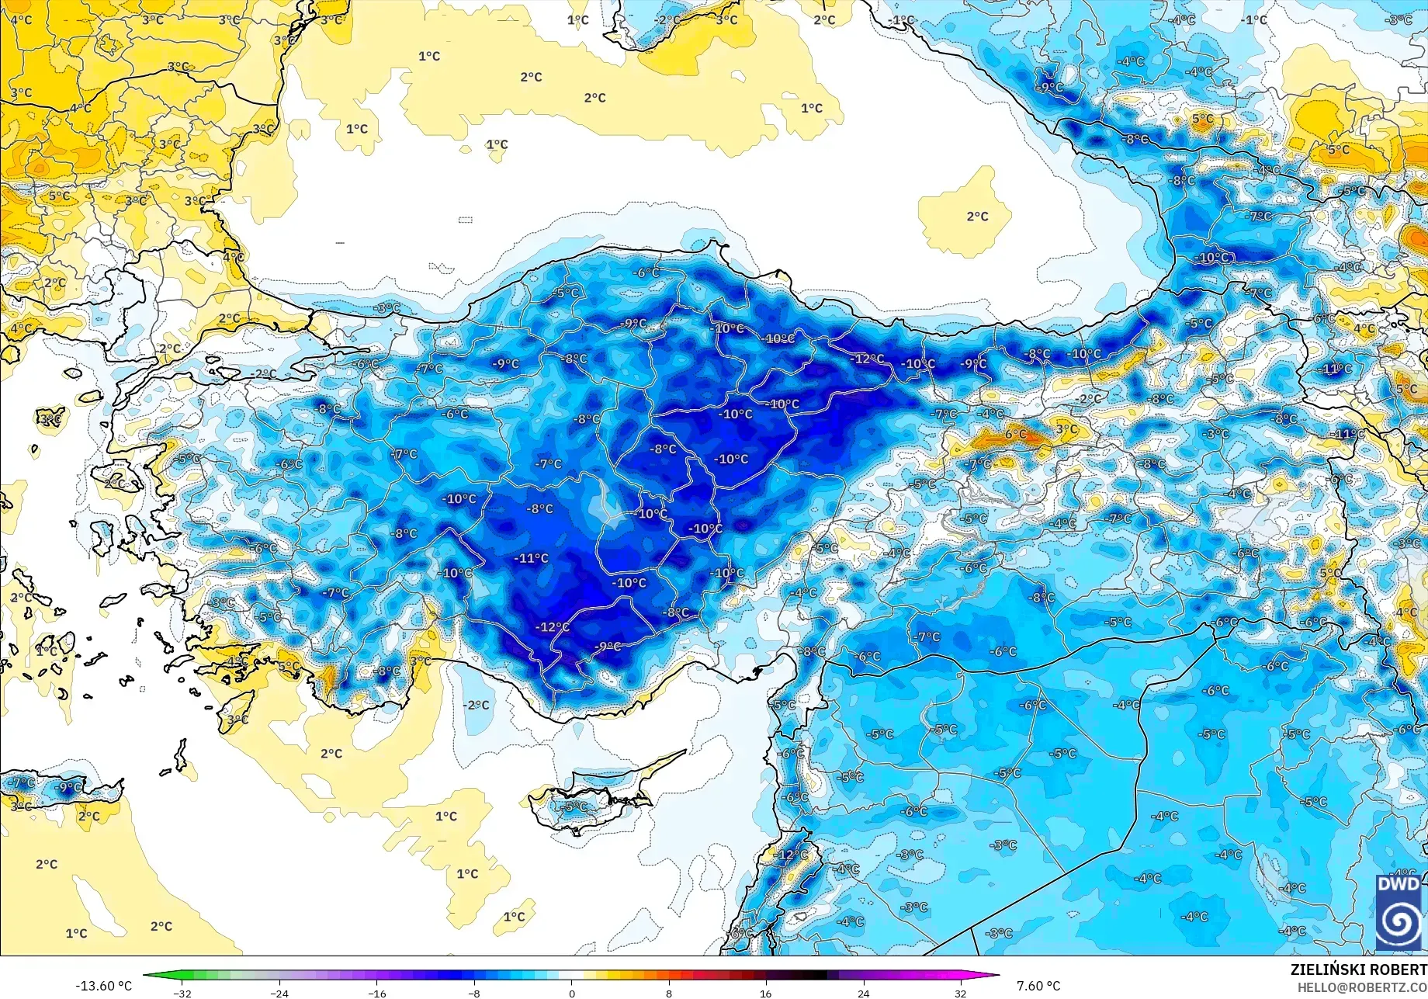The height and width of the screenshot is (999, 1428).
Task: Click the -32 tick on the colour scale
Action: (x=182, y=993)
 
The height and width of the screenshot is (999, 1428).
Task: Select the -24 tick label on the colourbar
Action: (x=279, y=993)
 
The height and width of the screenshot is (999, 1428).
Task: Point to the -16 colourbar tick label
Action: (x=376, y=993)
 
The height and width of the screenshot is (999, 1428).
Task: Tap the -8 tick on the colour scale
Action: (x=474, y=993)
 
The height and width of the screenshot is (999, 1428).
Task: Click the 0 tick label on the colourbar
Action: (x=572, y=993)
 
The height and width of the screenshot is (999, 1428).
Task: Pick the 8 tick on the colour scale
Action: (x=669, y=993)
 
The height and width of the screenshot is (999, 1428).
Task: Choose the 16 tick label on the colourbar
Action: (x=766, y=993)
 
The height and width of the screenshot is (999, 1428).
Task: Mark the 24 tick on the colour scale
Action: (x=863, y=993)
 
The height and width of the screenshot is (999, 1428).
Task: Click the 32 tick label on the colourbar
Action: (x=961, y=993)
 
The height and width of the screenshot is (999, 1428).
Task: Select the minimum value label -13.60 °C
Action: (x=103, y=986)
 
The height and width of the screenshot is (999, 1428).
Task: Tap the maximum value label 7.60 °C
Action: (x=1038, y=986)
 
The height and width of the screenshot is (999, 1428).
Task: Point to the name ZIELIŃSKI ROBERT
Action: (x=1358, y=970)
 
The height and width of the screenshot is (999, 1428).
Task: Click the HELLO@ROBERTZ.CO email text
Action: (x=1362, y=987)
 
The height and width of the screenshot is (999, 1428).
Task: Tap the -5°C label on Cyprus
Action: (x=575, y=806)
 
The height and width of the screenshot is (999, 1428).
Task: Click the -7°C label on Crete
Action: (x=22, y=782)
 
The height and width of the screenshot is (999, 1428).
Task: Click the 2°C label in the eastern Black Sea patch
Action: (x=977, y=217)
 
